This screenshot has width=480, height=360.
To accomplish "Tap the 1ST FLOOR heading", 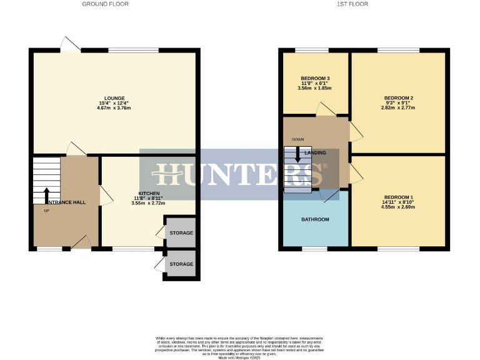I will [x=353, y=4].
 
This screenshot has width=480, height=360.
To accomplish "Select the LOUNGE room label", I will [x=115, y=98].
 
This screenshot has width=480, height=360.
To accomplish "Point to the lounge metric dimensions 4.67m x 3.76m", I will [x=115, y=108].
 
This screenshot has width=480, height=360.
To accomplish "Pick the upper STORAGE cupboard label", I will [x=181, y=233].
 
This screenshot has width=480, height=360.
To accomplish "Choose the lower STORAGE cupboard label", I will [x=181, y=264].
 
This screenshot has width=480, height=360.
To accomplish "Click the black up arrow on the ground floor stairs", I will [x=46, y=194].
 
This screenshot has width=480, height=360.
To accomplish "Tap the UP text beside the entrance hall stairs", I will [x=46, y=211].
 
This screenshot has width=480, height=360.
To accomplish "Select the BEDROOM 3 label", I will [x=314, y=79].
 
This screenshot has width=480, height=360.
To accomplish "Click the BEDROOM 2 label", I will [x=398, y=98].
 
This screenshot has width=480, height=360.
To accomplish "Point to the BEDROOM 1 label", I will [x=398, y=197].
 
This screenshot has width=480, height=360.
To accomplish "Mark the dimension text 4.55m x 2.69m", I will [x=398, y=207].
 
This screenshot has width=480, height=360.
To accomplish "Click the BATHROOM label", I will [x=315, y=219].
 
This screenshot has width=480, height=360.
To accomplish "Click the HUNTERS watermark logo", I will [x=240, y=174].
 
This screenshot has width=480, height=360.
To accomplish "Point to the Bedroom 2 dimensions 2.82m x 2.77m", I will [x=398, y=108].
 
